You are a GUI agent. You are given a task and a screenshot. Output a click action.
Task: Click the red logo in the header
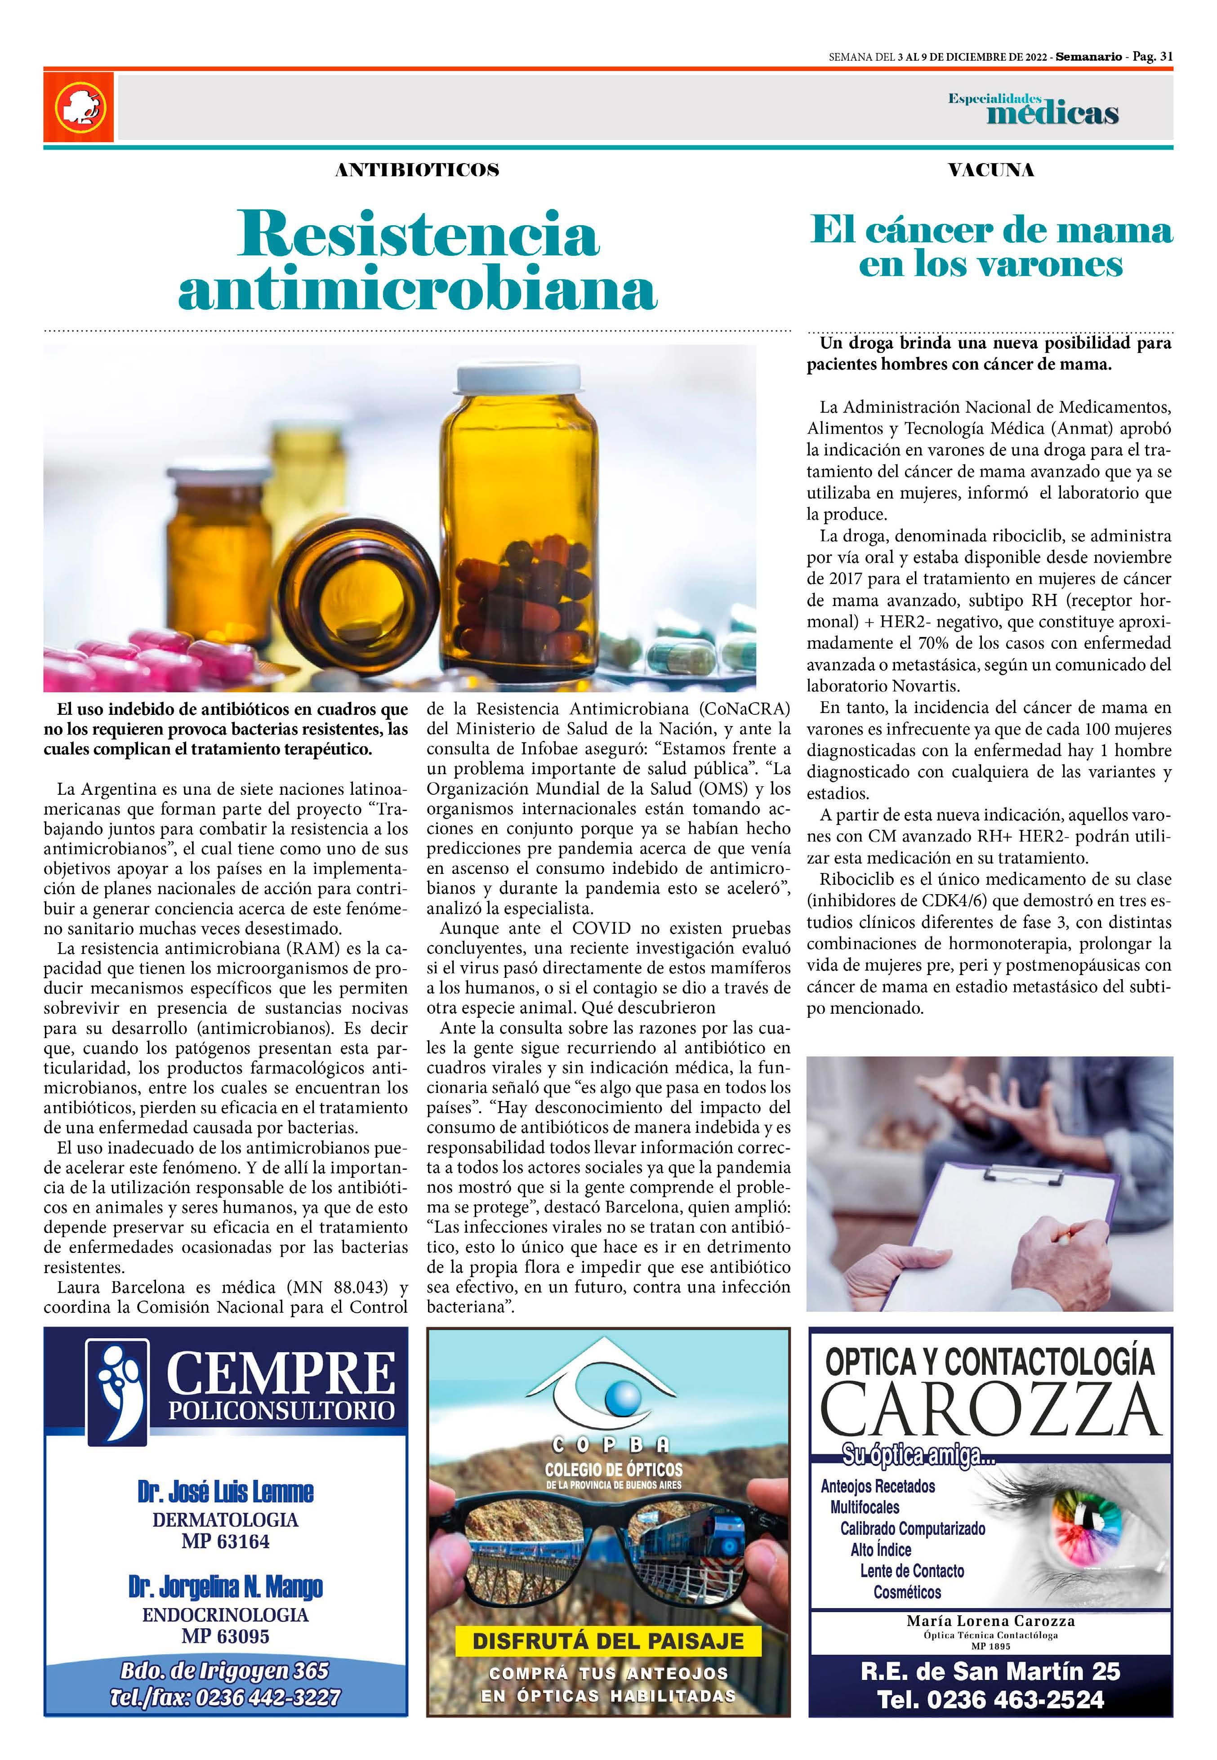(x=79, y=107)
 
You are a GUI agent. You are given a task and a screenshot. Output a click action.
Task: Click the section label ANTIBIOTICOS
(x=417, y=170)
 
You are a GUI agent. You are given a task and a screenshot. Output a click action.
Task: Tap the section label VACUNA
(x=990, y=170)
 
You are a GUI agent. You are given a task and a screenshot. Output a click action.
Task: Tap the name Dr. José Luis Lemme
(x=226, y=1492)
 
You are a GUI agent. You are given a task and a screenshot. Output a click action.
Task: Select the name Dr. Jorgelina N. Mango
(x=226, y=1587)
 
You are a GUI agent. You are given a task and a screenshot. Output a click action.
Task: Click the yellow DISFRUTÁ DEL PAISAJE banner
(x=608, y=1640)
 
